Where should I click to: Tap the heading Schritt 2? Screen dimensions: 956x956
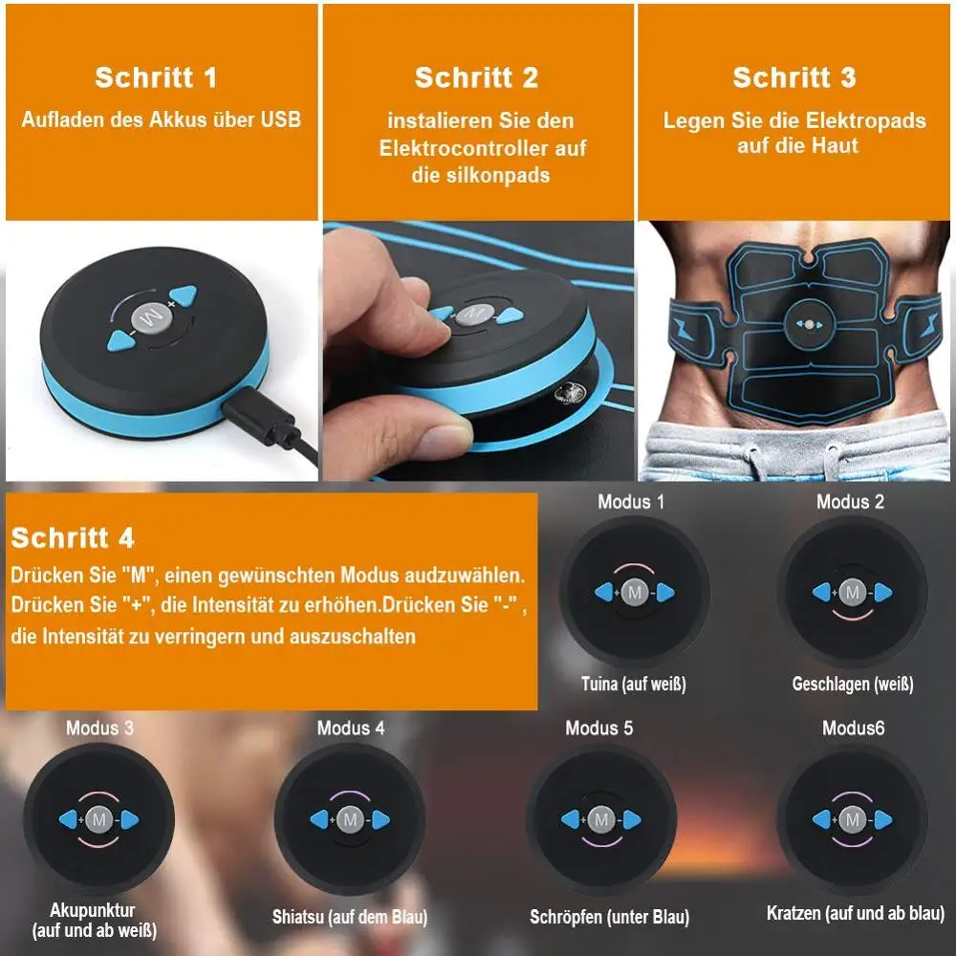point(476,77)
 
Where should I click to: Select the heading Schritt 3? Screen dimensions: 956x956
point(793,77)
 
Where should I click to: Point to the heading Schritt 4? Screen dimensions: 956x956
point(73,537)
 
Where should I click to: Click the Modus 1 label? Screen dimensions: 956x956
point(631,501)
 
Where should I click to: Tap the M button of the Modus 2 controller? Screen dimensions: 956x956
point(853,594)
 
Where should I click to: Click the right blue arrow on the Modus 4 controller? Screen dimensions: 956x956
point(380,819)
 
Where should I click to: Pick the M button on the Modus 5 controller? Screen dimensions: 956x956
point(600,819)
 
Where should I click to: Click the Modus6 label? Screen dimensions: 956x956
point(853,728)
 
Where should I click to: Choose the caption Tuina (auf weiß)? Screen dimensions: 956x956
point(633,684)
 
